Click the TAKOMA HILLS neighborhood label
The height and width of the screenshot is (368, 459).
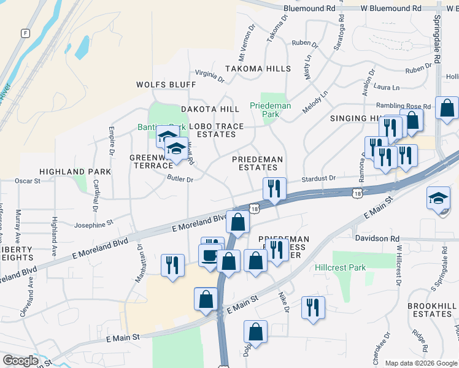[257, 69]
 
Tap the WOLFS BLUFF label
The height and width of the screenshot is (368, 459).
[166, 85]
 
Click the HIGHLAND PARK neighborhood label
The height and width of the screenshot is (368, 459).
[75, 172]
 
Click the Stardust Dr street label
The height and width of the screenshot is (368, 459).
[318, 179]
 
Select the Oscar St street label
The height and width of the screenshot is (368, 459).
[27, 181]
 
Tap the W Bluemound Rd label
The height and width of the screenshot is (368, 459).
[391, 9]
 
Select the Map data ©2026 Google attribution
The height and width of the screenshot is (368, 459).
[421, 363]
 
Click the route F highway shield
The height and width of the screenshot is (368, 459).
[25, 33]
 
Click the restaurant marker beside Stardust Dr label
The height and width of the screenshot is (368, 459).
[274, 188]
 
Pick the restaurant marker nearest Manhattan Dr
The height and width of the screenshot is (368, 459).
[172, 266]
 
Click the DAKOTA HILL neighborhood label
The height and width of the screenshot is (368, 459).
[210, 109]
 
